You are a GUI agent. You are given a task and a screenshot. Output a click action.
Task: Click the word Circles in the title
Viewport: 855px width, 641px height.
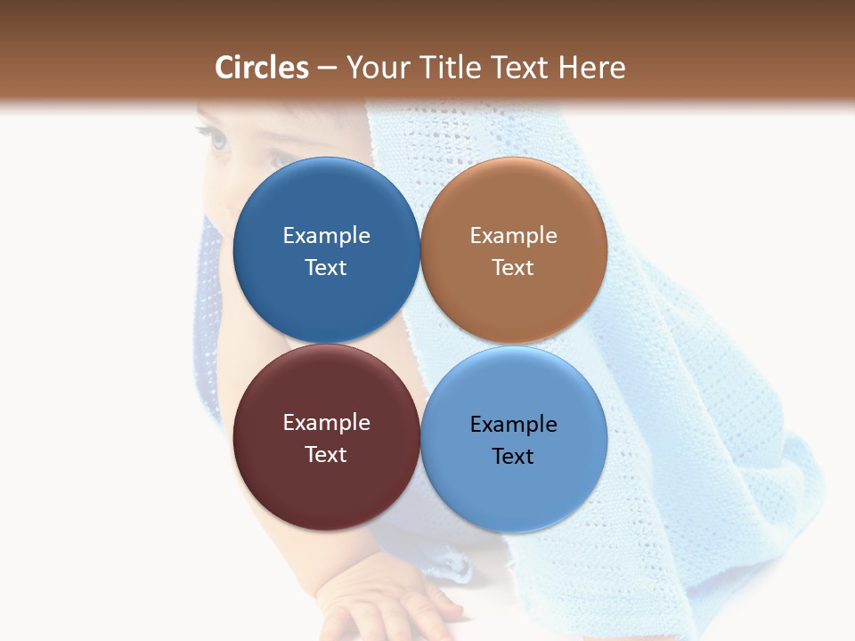(x=261, y=68)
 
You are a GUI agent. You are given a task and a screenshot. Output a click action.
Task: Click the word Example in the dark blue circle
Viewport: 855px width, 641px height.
(x=326, y=236)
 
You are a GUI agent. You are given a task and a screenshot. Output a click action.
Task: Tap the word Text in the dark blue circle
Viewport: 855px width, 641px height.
(x=326, y=268)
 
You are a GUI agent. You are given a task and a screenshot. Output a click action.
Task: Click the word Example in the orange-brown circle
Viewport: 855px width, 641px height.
(x=513, y=236)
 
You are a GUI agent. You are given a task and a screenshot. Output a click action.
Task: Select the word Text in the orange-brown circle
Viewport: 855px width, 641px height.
(x=513, y=268)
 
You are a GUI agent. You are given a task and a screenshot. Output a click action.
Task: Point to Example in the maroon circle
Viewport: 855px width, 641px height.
(x=326, y=423)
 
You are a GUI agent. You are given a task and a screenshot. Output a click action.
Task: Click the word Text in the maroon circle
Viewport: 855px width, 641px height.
(x=326, y=455)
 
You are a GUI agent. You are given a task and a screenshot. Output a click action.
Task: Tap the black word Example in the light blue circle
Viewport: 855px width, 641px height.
(x=513, y=425)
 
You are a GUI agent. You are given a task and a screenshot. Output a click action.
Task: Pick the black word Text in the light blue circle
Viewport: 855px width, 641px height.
(x=513, y=457)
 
